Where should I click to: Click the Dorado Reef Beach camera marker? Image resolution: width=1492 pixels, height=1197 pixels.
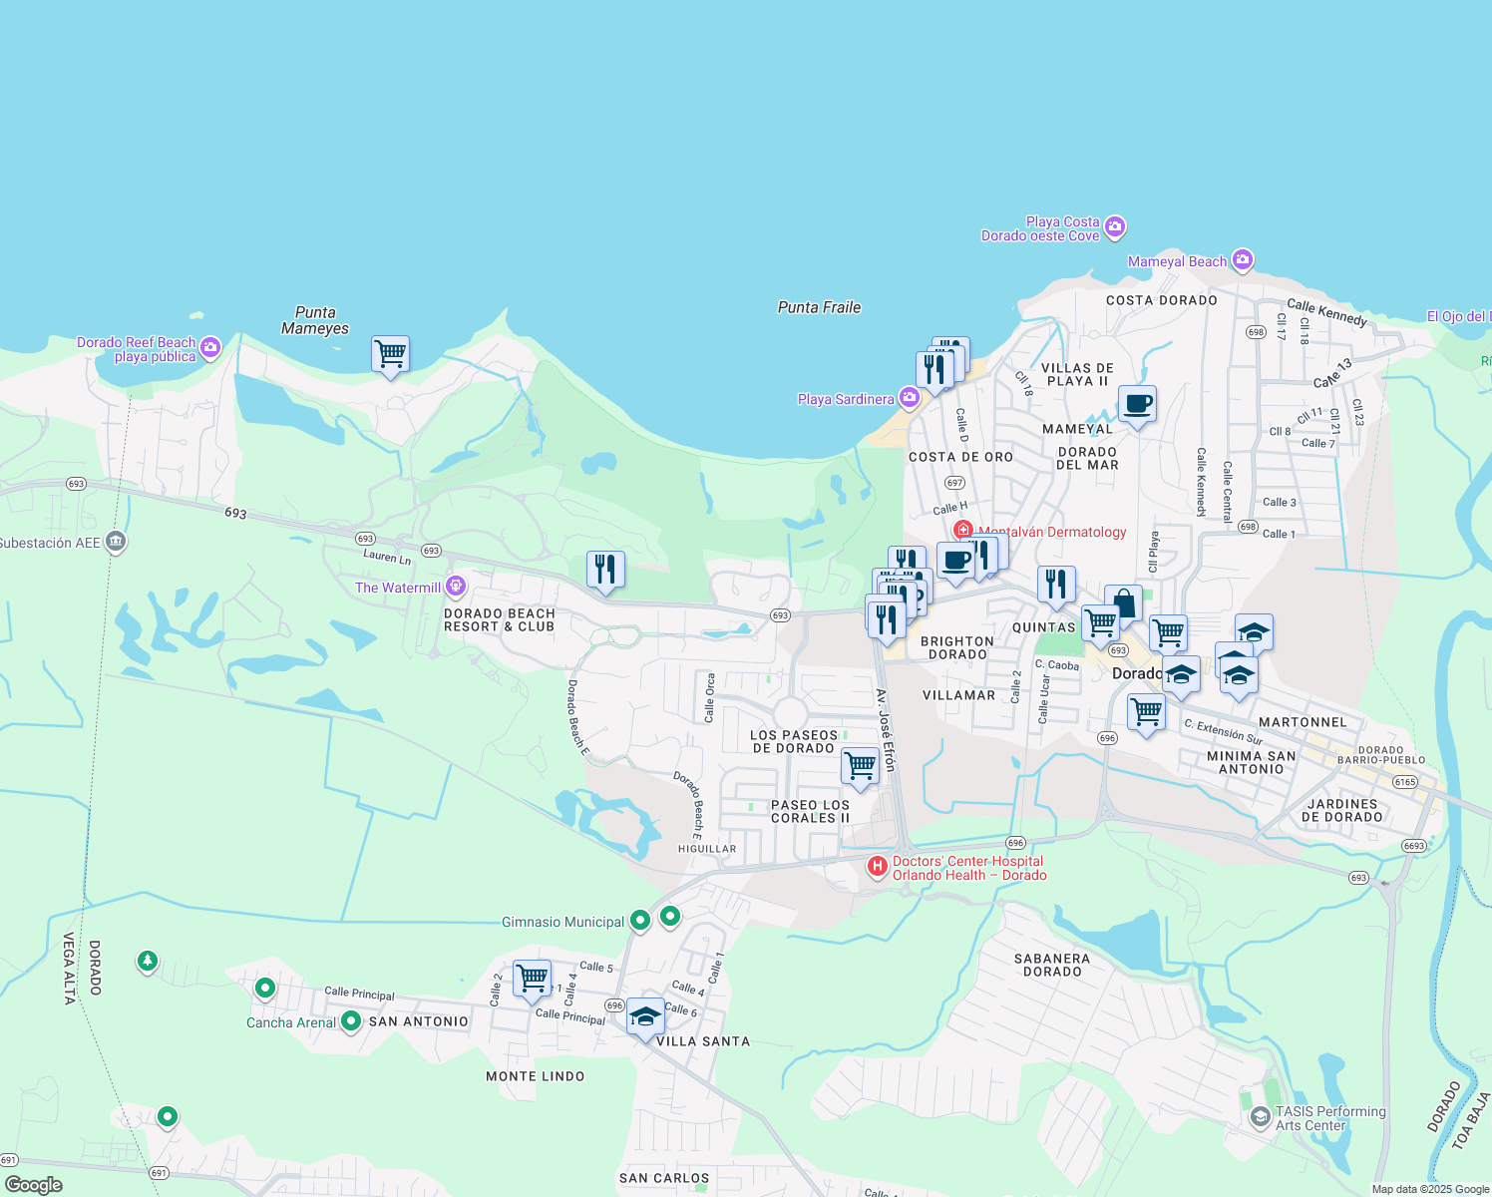[209, 348]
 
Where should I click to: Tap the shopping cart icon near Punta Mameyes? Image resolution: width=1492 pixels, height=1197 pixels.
[390, 354]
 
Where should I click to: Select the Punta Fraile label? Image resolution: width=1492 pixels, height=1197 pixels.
[819, 307]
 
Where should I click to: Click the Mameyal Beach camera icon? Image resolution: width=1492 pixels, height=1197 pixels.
[1242, 260]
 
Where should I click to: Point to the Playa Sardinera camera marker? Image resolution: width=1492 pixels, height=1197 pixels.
[909, 398]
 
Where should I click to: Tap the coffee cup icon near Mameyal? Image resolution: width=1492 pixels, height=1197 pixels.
[1137, 405]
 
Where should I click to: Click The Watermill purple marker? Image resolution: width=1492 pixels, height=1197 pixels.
[456, 586]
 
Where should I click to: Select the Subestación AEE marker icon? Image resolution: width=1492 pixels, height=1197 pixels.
[116, 542]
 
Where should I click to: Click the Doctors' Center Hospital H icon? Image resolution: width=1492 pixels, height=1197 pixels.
[877, 867]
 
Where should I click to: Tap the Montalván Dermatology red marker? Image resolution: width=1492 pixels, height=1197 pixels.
[962, 531]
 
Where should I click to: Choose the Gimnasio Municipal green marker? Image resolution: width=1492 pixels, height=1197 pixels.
[640, 921]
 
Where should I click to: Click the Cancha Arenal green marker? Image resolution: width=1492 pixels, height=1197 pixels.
[350, 1021]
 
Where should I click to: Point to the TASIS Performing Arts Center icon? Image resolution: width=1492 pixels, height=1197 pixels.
[1260, 1117]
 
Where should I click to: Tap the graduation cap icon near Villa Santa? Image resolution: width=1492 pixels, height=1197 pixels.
[645, 1017]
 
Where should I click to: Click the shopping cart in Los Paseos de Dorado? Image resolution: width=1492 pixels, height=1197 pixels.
[860, 766]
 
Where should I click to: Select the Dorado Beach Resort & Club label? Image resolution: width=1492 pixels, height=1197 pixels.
[499, 619]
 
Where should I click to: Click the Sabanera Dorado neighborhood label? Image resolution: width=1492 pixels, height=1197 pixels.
[1051, 965]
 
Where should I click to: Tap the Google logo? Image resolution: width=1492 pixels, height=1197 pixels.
[33, 1185]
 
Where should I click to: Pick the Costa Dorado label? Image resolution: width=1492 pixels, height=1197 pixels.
[1161, 300]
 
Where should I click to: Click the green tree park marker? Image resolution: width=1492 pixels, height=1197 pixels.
[148, 962]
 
